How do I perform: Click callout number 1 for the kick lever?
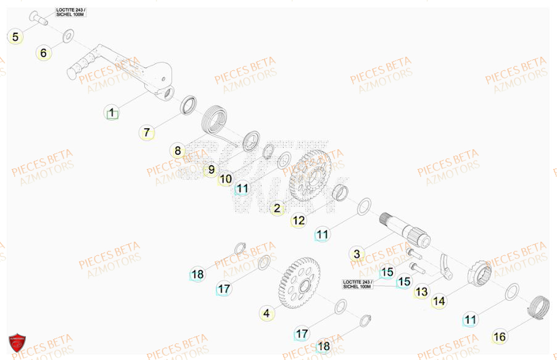pyautogui.click(x=112, y=113)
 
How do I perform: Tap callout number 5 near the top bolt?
pyautogui.click(x=15, y=37)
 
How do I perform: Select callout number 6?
pyautogui.click(x=43, y=53)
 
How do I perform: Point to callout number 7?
pyautogui.click(x=146, y=133)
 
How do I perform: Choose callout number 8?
pyautogui.click(x=178, y=151)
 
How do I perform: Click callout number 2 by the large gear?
pyautogui.click(x=277, y=208)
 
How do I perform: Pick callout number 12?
pyautogui.click(x=299, y=220)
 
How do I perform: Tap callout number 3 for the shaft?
pyautogui.click(x=356, y=253)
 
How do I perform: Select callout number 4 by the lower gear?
pyautogui.click(x=266, y=314)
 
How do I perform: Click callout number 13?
pyautogui.click(x=421, y=292)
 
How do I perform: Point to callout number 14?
pyautogui.click(x=439, y=301)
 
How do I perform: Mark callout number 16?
pyautogui.click(x=500, y=337)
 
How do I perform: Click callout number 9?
pyautogui.click(x=211, y=170)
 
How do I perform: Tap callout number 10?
pyautogui.click(x=226, y=179)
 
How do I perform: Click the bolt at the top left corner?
pyautogui.click(x=41, y=17)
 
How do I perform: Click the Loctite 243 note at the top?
pyautogui.click(x=70, y=12)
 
